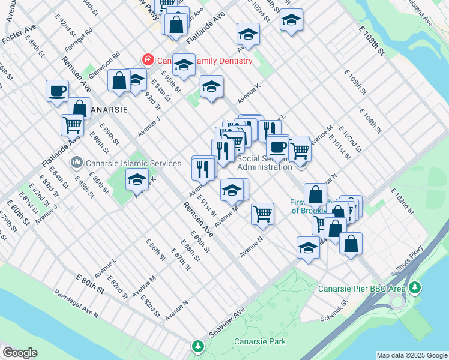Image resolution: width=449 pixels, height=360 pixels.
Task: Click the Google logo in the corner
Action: click(x=19, y=353)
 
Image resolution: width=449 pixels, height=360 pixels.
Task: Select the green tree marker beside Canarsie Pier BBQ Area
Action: click(x=415, y=289)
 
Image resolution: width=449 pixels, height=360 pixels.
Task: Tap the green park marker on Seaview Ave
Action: click(x=198, y=346)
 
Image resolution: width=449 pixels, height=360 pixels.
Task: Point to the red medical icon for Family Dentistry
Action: click(x=146, y=59)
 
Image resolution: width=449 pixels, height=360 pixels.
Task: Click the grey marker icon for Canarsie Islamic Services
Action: click(x=76, y=163)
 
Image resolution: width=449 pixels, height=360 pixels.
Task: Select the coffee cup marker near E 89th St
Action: click(x=58, y=91)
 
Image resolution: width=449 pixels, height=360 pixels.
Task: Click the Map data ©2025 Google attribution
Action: click(x=412, y=355)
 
